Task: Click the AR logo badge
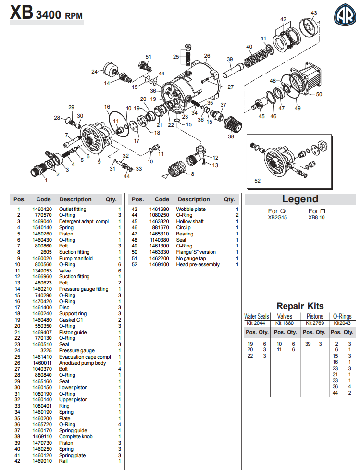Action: [x=345, y=15]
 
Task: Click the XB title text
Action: [x=21, y=13]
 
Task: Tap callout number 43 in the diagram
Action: [x=314, y=13]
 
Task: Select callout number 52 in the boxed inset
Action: [x=257, y=181]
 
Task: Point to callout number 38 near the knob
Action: [x=231, y=136]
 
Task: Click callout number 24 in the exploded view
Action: [x=95, y=72]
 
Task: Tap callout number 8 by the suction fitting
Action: [x=193, y=174]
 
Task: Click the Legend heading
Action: [x=300, y=199]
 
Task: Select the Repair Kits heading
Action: [x=300, y=306]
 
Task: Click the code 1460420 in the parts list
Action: [x=41, y=210]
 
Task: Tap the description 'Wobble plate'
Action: [x=191, y=210]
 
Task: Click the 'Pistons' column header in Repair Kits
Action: [x=315, y=316]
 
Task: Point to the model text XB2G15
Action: [x=277, y=217]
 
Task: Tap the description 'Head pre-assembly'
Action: [x=198, y=264]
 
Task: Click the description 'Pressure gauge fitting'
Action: [x=84, y=289]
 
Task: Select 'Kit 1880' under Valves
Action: [x=285, y=323]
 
